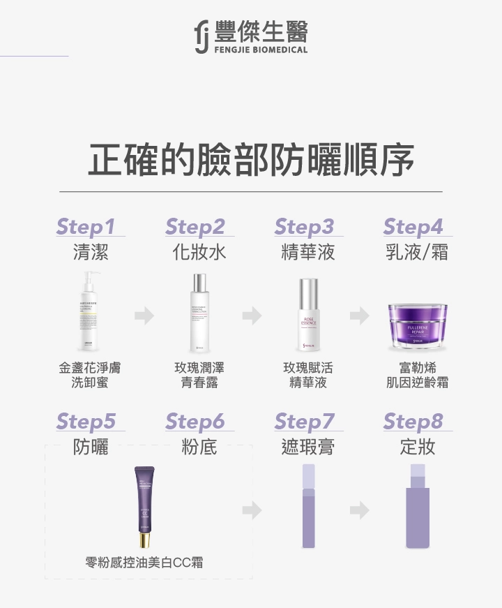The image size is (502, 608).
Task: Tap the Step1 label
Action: (85, 227)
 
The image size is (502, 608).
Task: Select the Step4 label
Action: (413, 227)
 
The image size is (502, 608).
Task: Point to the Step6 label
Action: (195, 422)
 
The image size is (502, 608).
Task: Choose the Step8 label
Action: (413, 422)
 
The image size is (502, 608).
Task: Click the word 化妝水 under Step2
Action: (199, 252)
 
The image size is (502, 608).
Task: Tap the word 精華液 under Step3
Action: (308, 252)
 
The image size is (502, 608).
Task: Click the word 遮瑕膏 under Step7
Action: (308, 447)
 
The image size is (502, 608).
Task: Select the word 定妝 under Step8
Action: (417, 447)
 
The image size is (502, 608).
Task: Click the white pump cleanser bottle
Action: (91, 313)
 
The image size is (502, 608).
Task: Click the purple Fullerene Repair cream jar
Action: (417, 325)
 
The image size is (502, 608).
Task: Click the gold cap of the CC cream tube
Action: (144, 540)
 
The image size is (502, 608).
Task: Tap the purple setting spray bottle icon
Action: (417, 507)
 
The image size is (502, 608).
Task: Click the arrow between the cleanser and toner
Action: (144, 316)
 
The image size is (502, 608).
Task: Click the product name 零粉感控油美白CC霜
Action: (144, 563)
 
